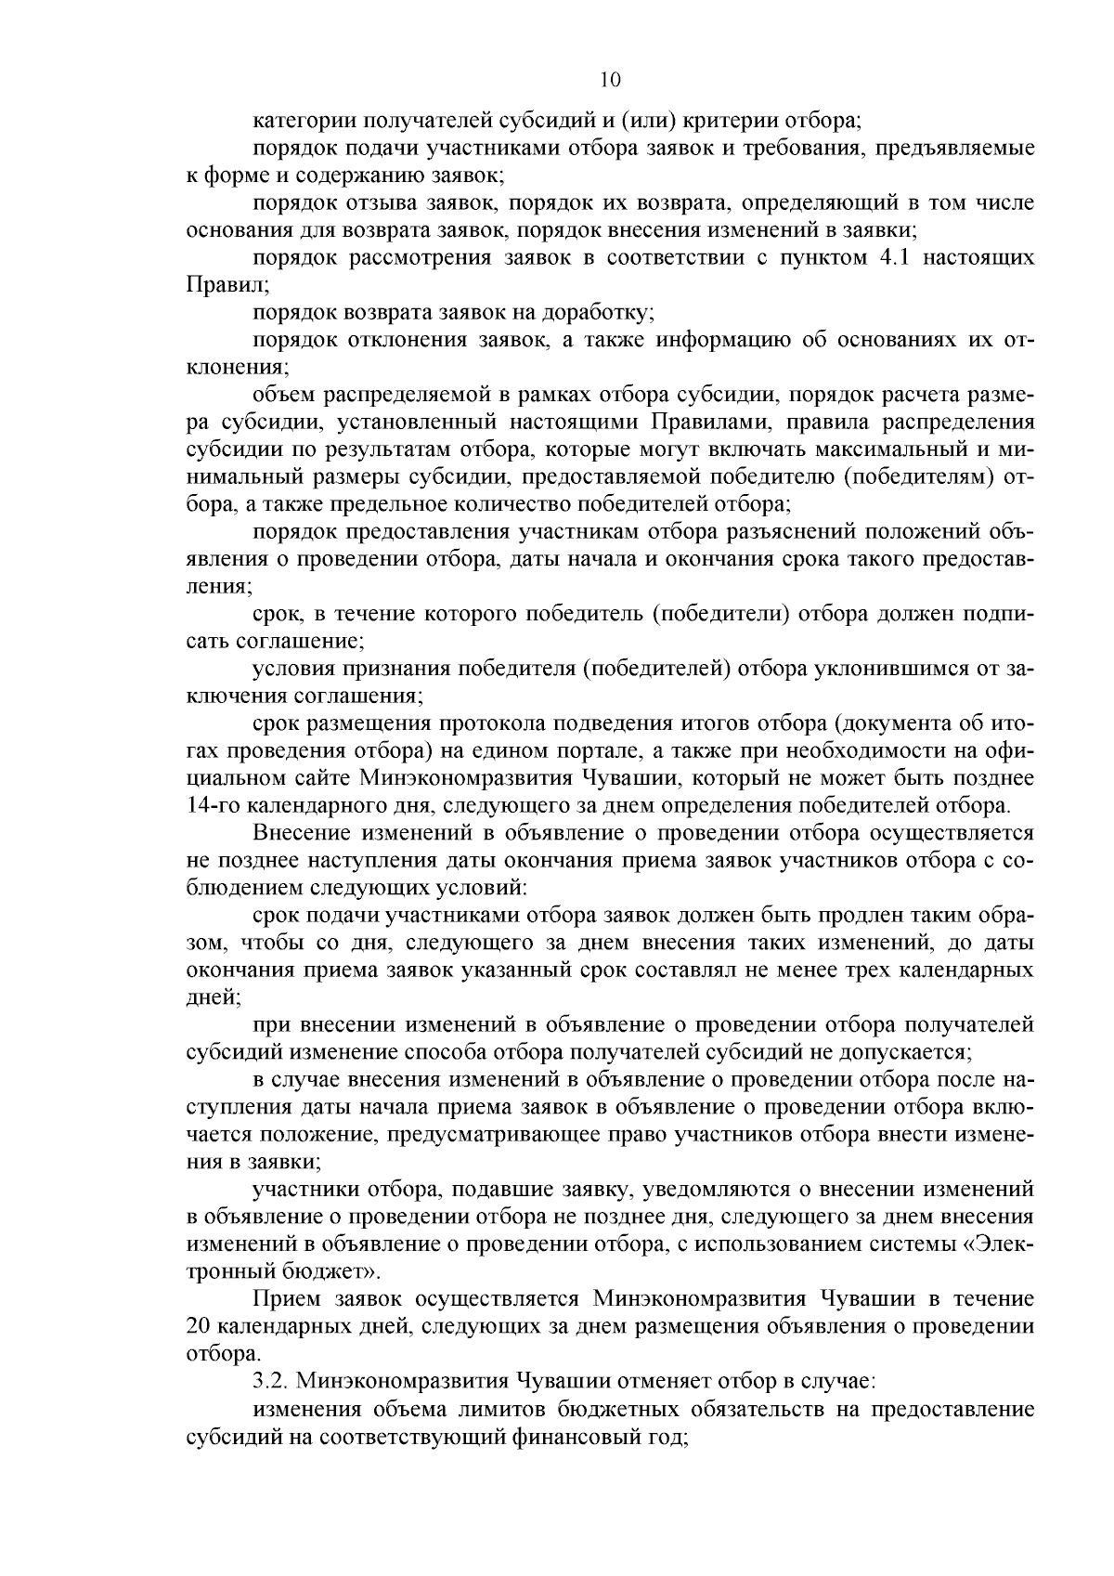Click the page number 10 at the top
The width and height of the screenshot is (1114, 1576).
tap(610, 80)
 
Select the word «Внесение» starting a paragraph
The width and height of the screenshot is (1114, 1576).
tap(300, 833)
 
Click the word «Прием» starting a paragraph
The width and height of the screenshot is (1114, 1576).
tap(282, 1298)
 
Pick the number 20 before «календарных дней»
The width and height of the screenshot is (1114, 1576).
tap(198, 1325)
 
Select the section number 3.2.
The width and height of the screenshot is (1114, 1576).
tap(270, 1380)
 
